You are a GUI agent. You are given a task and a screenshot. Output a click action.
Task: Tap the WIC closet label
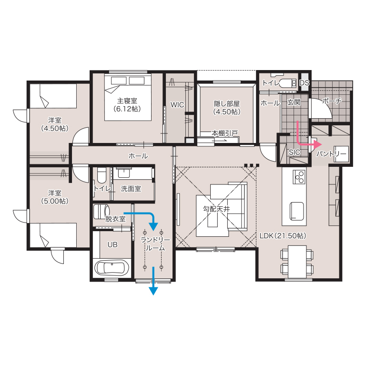tap(177, 105)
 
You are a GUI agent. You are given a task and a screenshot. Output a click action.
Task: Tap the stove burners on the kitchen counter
tap(299, 177)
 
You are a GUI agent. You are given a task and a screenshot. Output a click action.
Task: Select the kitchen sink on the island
tap(297, 211)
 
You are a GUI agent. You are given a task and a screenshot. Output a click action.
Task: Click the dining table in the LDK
tap(297, 262)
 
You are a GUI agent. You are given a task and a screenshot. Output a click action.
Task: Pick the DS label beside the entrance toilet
tap(304, 83)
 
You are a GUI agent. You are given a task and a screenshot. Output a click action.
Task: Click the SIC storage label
tap(295, 152)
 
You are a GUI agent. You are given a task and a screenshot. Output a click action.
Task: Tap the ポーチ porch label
tap(332, 101)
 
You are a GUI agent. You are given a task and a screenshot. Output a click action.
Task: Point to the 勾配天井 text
tap(216, 209)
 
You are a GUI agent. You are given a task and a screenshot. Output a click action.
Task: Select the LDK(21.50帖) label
tap(283, 236)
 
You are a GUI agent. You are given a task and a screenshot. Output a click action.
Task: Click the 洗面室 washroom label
tap(131, 189)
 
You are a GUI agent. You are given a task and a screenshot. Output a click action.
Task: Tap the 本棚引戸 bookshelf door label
tap(225, 133)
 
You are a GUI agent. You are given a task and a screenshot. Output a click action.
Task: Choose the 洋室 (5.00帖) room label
tap(55, 197)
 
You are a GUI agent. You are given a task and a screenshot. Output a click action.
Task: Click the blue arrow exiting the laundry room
tap(153, 281)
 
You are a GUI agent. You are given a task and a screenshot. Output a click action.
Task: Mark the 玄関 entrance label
tap(294, 102)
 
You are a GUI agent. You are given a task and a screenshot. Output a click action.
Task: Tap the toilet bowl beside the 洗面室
tap(102, 175)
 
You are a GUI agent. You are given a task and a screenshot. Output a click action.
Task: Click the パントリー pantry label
tap(332, 154)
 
